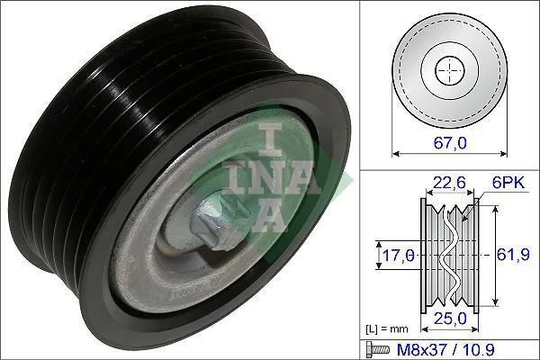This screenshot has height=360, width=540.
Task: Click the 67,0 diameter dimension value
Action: click(450, 142)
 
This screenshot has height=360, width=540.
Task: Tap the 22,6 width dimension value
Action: click(449, 182)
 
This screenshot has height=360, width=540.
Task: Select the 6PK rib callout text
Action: click(508, 183)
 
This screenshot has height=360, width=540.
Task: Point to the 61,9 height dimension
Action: click(513, 255)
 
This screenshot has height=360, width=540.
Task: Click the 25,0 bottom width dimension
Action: click(450, 319)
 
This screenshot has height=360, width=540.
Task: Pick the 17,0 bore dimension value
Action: click(399, 256)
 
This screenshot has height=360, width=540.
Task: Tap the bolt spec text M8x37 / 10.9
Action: click(446, 350)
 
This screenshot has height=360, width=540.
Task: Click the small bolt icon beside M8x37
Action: click(378, 350)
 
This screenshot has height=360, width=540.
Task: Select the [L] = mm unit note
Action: click(386, 329)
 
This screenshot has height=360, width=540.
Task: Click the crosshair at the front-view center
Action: click(450, 70)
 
